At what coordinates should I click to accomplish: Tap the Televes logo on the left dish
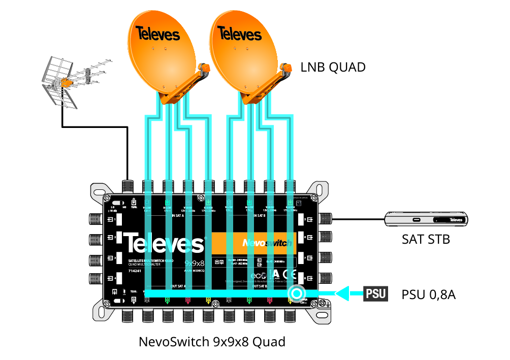(x=157, y=35)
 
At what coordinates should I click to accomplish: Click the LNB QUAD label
(x=333, y=67)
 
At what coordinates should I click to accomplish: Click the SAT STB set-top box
(x=426, y=219)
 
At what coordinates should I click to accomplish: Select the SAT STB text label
(x=426, y=239)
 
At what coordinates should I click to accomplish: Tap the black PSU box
(x=375, y=293)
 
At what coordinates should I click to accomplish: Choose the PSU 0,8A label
(x=428, y=294)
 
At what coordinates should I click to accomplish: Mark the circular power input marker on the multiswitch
(x=296, y=293)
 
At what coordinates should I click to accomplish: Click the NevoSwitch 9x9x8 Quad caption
(x=212, y=342)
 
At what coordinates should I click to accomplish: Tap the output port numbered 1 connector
(x=96, y=219)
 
